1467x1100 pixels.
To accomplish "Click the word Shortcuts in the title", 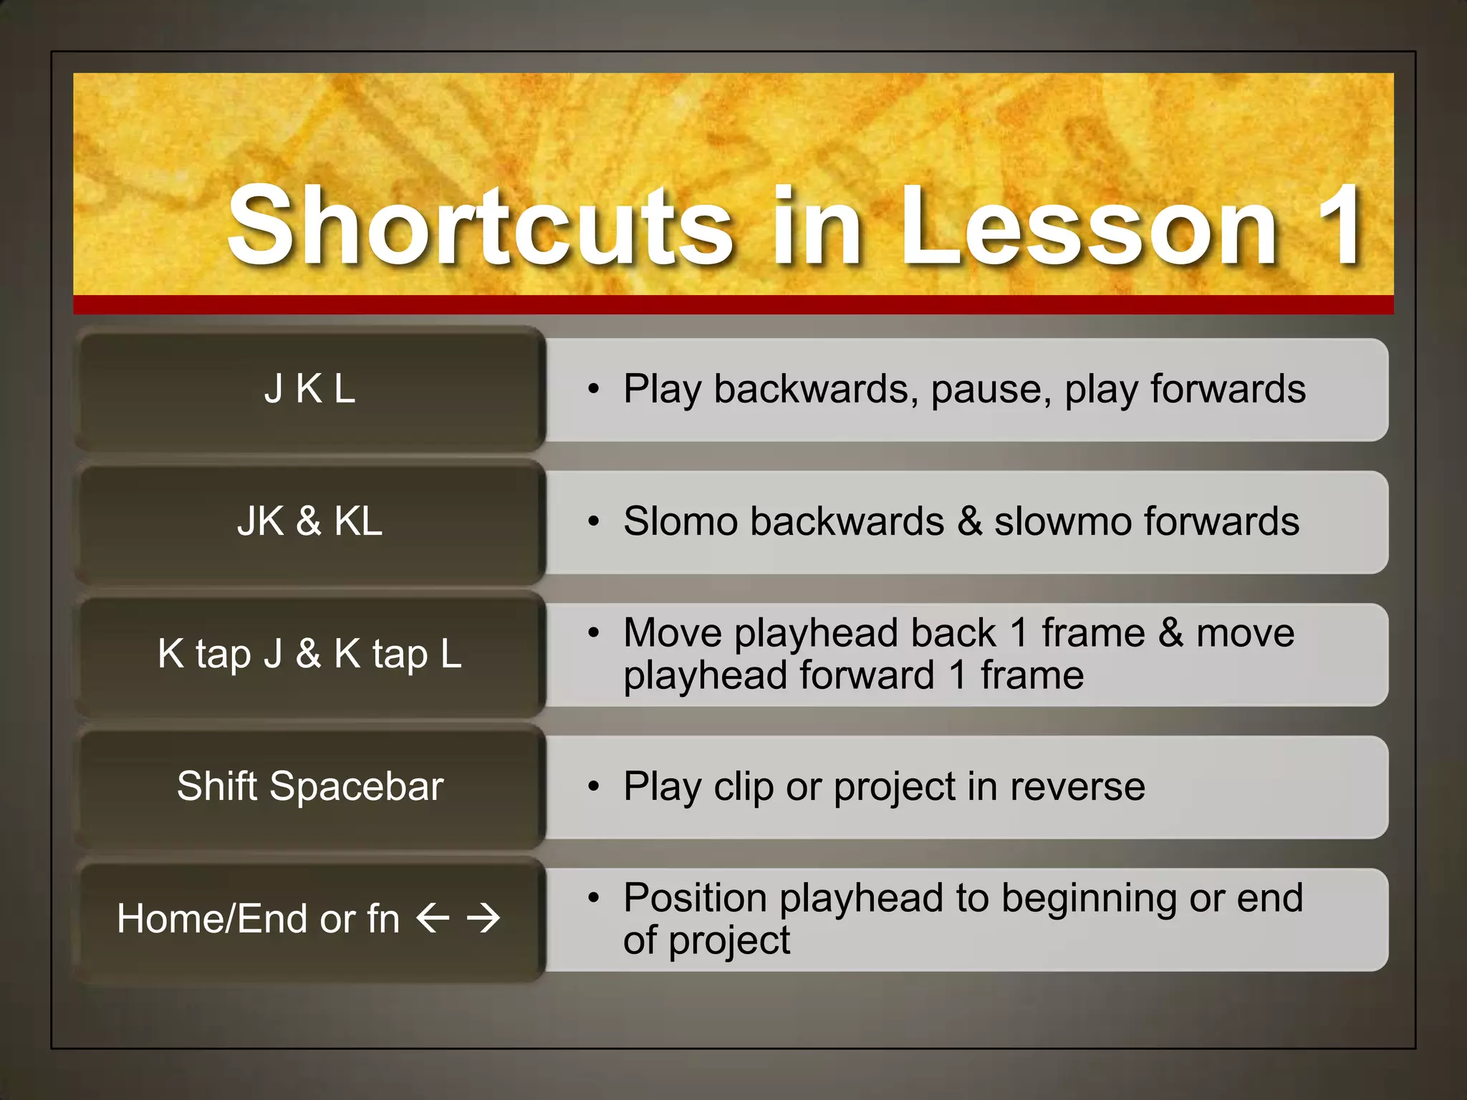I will point(481,225).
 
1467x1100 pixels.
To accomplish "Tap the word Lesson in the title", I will point(1088,225).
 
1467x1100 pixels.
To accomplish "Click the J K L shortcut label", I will point(309,389).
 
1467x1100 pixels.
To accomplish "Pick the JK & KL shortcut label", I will point(309,521).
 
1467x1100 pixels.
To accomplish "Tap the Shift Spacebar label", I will point(309,786).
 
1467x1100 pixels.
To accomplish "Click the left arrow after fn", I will point(433,917).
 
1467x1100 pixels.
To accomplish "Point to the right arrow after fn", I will point(484,917).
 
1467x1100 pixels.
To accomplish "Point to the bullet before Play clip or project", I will point(593,786).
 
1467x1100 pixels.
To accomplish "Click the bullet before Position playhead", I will point(593,897).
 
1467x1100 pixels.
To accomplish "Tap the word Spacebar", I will point(357,786).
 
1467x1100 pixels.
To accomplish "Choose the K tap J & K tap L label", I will point(309,653).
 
